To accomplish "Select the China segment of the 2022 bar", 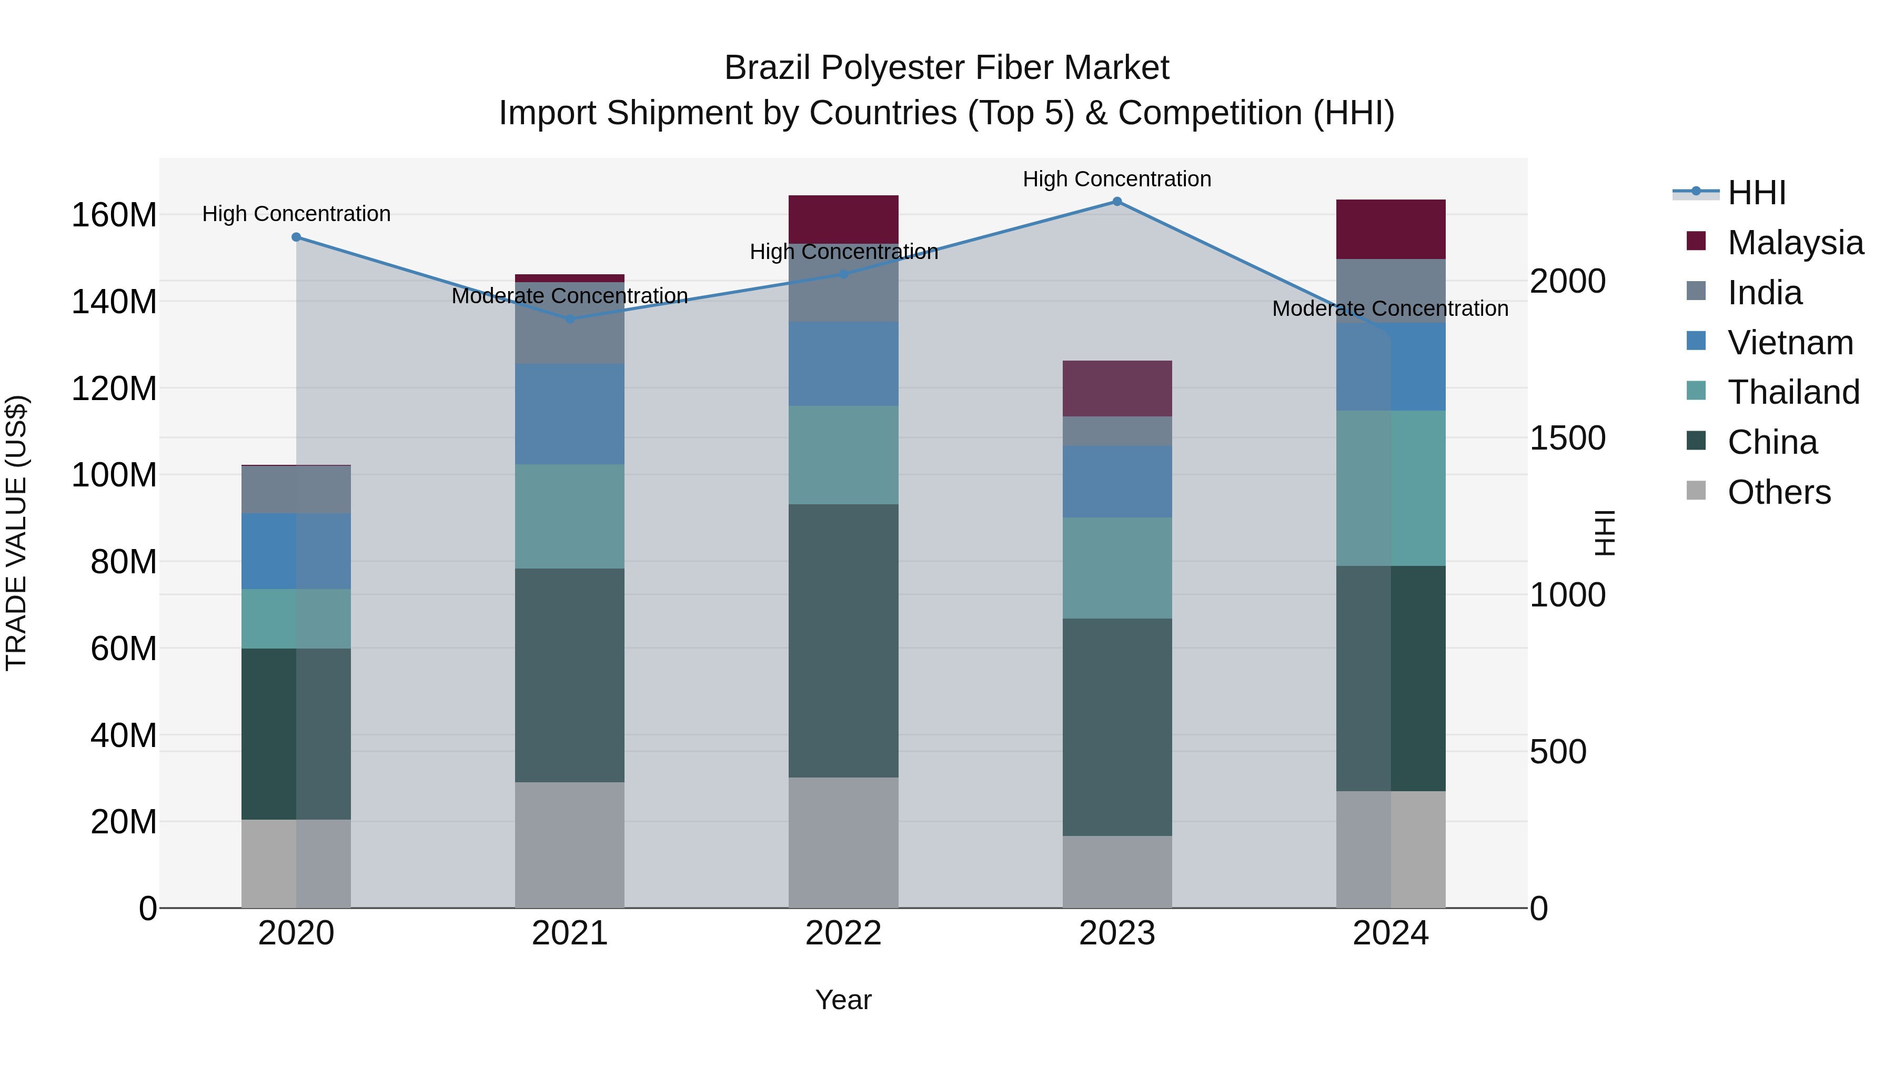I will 843,640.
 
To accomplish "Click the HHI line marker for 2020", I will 296,237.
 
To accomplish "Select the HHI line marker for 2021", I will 570,320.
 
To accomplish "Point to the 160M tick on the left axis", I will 114,215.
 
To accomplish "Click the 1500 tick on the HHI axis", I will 1568,439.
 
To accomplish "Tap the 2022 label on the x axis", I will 843,933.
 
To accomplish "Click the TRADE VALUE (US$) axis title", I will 16,533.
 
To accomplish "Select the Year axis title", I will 843,1000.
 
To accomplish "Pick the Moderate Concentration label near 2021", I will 569,296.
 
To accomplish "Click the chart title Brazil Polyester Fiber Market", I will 946,68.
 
